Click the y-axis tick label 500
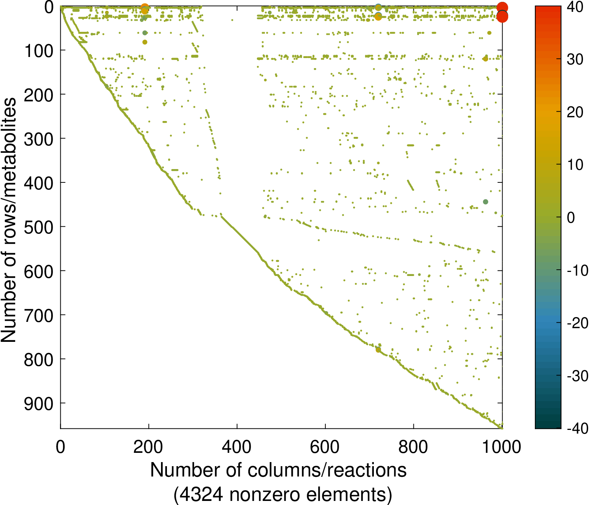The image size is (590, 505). pos(39,227)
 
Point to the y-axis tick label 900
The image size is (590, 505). pos(39,403)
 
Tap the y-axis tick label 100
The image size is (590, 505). pos(39,50)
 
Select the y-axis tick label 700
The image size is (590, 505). pos(39,315)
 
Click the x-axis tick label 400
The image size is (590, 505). pos(237,447)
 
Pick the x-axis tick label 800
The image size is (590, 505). pos(413,447)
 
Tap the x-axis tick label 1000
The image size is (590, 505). pos(502,447)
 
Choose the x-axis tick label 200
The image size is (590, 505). pos(148,447)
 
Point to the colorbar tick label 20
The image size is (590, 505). pos(575,112)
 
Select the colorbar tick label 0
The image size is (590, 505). pos(571,218)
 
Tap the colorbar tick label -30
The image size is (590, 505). pos(577,376)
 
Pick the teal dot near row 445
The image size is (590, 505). pos(486,202)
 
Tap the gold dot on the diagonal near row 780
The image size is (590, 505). pos(378,350)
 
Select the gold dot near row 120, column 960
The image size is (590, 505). pos(485,59)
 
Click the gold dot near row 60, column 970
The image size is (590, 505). pos(489,33)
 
